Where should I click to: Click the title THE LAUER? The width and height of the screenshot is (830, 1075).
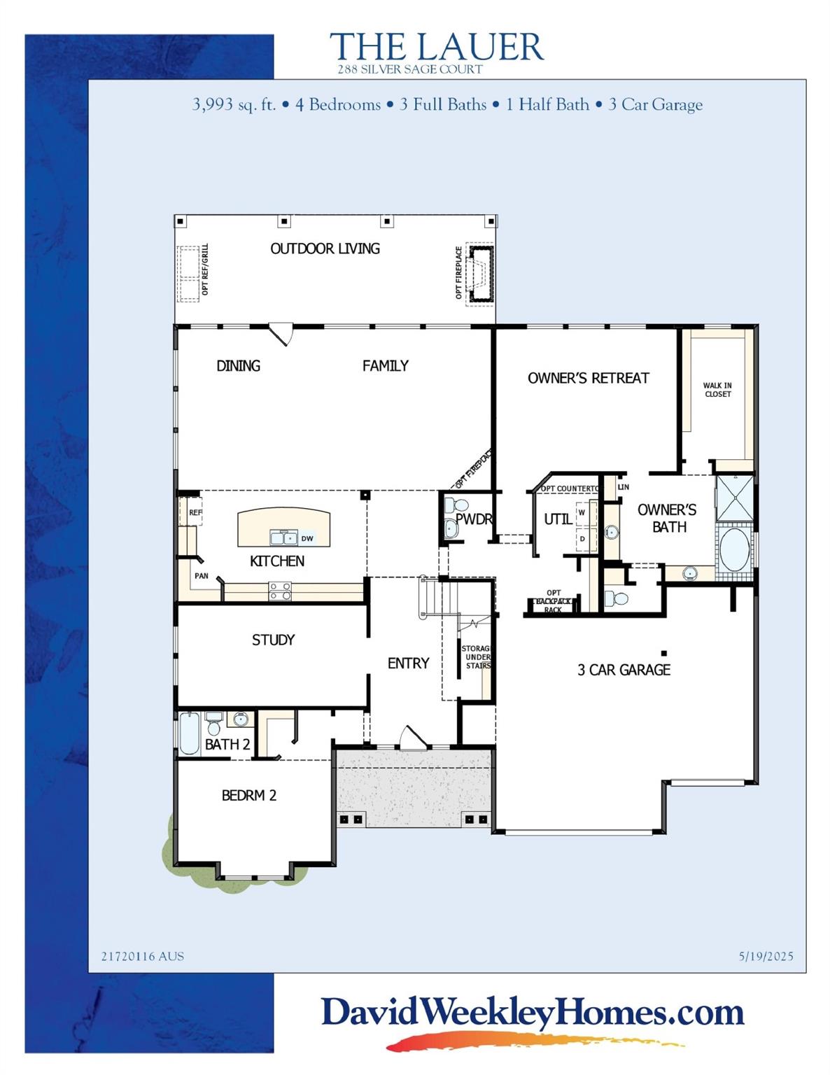click(x=436, y=47)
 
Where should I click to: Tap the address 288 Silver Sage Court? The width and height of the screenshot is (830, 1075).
click(x=409, y=69)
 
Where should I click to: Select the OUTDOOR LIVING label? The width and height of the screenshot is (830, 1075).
click(x=325, y=248)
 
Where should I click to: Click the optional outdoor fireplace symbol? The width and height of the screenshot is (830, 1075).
click(x=481, y=274)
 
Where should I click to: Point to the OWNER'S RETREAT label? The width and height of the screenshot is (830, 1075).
click(x=588, y=378)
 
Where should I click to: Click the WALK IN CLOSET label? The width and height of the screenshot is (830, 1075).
click(x=717, y=390)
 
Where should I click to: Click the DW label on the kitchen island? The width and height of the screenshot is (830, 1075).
click(x=307, y=538)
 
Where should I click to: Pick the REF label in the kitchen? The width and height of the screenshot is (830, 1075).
click(x=195, y=512)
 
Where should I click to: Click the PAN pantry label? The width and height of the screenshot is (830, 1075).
click(x=201, y=576)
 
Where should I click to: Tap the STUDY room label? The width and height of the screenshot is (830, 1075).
click(x=273, y=640)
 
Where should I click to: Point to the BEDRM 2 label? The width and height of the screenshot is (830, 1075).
click(x=248, y=795)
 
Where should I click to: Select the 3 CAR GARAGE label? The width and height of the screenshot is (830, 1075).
click(x=624, y=670)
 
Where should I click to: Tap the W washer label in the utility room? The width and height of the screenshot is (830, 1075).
click(x=582, y=512)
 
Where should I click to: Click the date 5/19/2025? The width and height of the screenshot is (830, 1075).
click(x=766, y=956)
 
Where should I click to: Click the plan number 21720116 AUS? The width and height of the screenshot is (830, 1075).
click(x=143, y=956)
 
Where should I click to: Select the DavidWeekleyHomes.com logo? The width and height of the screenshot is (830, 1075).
click(x=532, y=1013)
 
